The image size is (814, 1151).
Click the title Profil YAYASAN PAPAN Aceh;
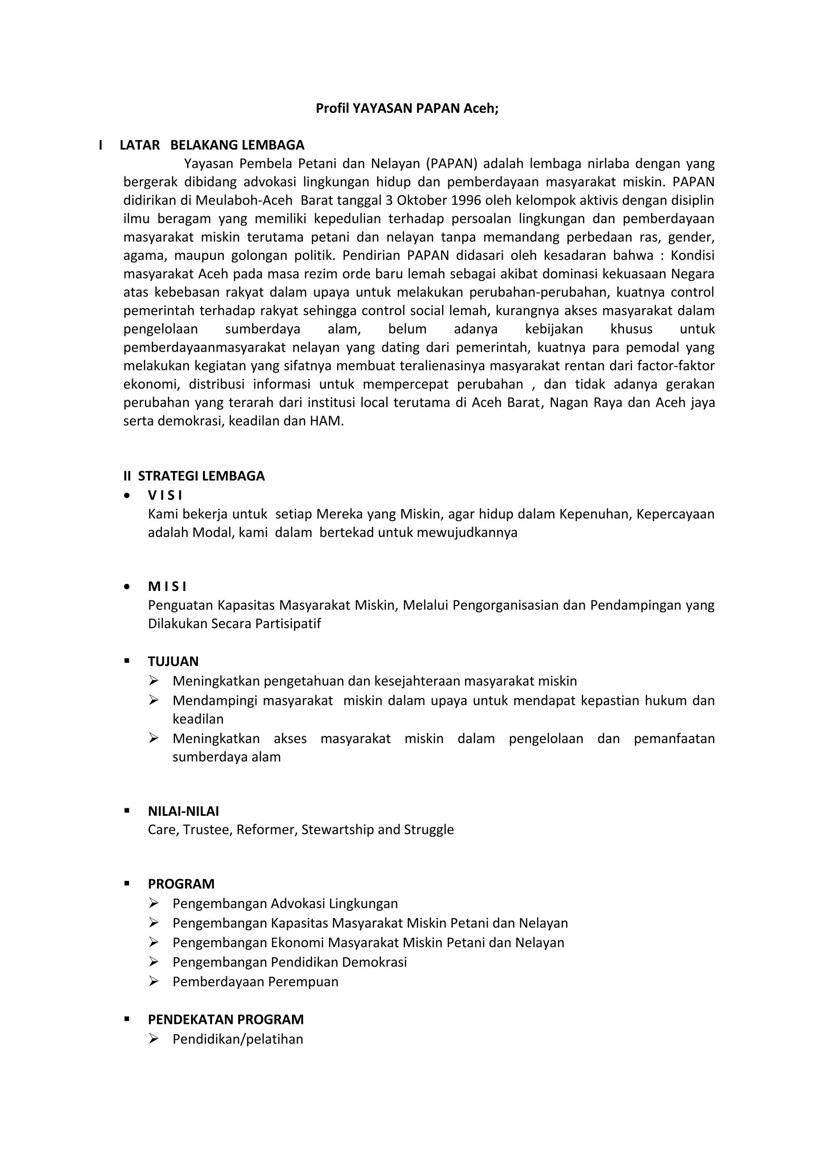[x=407, y=108]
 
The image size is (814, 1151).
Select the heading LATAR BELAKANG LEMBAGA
[x=212, y=145]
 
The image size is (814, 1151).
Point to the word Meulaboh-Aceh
[x=244, y=201]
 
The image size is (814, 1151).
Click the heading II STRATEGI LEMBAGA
[x=194, y=476]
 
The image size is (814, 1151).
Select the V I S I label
[x=165, y=495]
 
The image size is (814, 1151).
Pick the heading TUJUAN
[x=173, y=661]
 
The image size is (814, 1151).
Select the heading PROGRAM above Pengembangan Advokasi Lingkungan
[x=181, y=884]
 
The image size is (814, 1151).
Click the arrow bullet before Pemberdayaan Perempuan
[x=153, y=981]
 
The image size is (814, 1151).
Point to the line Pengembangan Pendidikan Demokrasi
[x=289, y=962]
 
